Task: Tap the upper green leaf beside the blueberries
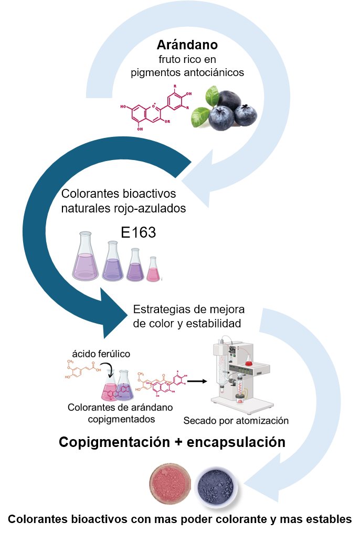[x=211, y=96]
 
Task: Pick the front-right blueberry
[x=246, y=115]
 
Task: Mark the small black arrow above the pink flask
[x=103, y=363]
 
